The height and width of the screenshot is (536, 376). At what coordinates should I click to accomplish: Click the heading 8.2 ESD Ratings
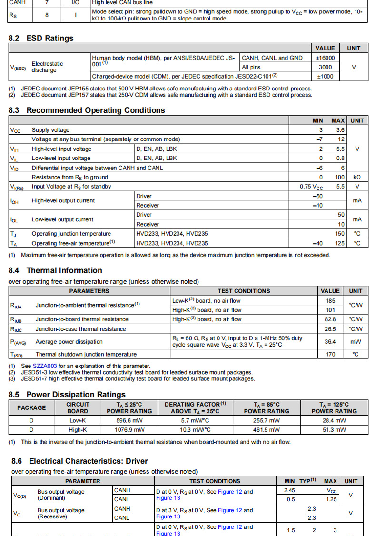[x=41, y=38]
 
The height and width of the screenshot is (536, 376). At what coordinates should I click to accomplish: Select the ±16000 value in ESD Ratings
[x=325, y=58]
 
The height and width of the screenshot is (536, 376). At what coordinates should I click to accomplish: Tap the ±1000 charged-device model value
[x=325, y=76]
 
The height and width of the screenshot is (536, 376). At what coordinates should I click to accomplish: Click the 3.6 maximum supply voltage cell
[x=340, y=130]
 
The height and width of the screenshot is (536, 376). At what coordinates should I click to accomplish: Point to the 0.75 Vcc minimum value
[x=311, y=187]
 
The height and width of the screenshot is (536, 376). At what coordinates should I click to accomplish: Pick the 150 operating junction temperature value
[x=340, y=234]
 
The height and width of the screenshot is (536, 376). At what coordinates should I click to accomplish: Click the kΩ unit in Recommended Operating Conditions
[x=357, y=177]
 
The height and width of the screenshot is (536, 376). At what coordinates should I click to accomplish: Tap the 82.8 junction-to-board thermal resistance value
[x=330, y=319]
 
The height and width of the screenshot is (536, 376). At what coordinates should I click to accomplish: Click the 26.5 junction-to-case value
[x=330, y=329]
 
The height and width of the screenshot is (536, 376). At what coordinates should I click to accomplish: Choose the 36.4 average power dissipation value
[x=330, y=342]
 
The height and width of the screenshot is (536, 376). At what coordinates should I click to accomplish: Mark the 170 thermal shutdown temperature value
[x=330, y=354]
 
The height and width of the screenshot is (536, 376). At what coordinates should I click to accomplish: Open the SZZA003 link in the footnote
[x=45, y=366]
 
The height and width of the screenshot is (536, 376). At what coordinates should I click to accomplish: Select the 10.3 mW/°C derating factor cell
[x=195, y=430]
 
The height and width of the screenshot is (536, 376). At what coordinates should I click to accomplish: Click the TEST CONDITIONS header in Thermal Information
[x=244, y=291]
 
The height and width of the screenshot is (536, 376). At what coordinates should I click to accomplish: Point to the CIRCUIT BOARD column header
[x=78, y=408]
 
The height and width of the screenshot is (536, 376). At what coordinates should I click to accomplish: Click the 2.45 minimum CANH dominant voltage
[x=289, y=490]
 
